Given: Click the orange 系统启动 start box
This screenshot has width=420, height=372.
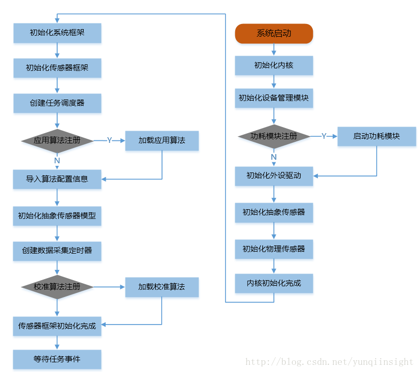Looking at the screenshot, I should [274, 33].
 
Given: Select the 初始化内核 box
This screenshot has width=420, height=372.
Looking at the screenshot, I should [274, 65].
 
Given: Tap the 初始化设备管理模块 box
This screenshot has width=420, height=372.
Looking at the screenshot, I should [274, 97].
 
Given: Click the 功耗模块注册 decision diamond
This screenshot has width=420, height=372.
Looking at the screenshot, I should [274, 136].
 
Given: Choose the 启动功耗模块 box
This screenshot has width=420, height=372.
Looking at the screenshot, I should [377, 136].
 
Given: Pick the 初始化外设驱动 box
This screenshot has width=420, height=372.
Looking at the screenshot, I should [274, 176].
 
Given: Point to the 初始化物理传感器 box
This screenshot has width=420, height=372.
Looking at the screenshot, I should [274, 249].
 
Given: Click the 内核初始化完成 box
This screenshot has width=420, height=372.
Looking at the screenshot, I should [274, 283].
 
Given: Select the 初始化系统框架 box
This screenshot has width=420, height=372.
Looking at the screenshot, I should [57, 33].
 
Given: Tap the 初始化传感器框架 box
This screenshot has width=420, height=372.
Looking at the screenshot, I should [57, 67].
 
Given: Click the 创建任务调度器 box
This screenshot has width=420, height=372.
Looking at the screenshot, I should [57, 103].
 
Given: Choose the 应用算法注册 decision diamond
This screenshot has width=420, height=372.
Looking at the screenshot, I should [57, 140].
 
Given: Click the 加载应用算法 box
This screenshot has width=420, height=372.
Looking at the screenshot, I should [162, 140].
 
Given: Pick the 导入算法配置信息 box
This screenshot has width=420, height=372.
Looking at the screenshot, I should [57, 179].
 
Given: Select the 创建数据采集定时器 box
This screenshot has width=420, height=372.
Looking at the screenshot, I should [57, 251].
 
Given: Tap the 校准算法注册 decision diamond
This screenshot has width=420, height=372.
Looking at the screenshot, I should [57, 287].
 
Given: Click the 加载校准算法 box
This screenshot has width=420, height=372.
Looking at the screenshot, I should [162, 287].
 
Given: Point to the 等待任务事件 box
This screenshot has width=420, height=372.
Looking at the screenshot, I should [57, 359].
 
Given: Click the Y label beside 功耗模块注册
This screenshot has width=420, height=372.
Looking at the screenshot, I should [324, 136].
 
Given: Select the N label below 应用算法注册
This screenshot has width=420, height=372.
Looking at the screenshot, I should [57, 160].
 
